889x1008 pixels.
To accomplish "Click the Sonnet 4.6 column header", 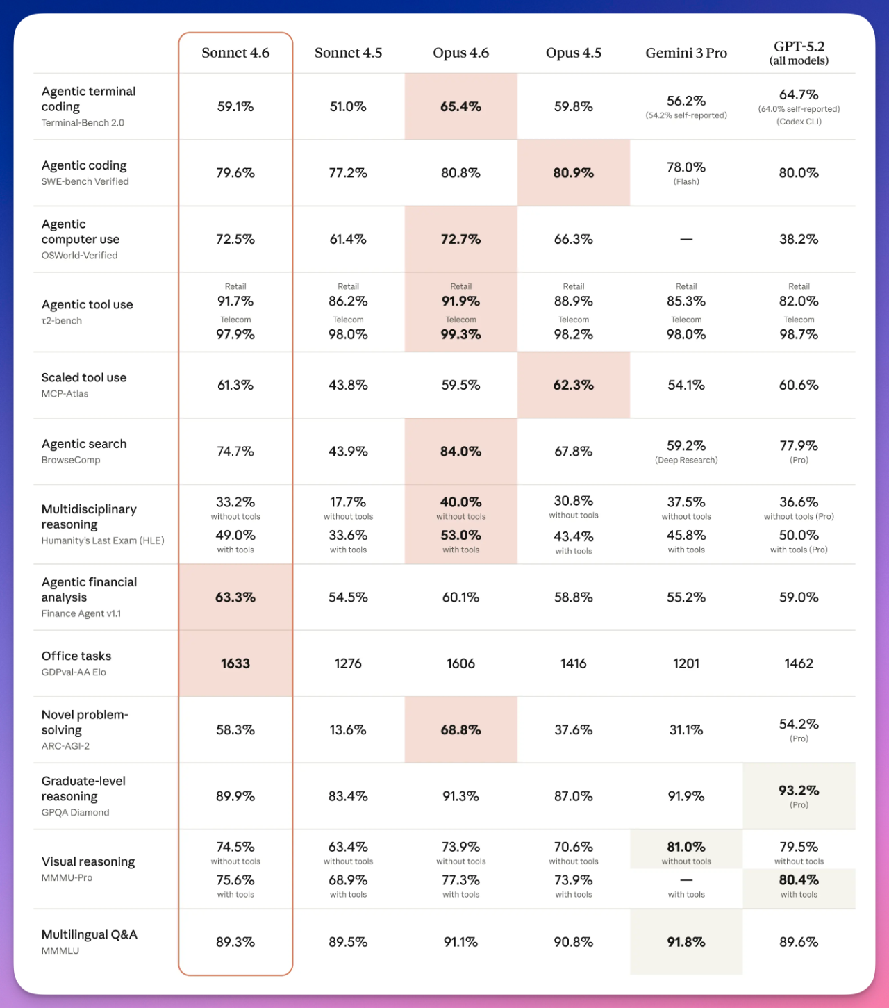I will (x=235, y=53).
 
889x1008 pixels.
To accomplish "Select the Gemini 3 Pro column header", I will (x=686, y=53).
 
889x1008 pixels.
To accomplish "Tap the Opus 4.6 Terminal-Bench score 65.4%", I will (x=460, y=106).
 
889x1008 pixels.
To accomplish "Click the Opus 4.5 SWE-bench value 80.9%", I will (x=573, y=173).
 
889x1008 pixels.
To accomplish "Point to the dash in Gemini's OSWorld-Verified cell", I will (x=686, y=239).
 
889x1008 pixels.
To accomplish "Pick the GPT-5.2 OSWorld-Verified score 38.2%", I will (x=799, y=239).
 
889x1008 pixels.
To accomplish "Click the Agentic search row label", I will (x=84, y=444).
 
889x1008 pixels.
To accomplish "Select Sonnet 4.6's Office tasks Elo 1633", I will (x=235, y=663).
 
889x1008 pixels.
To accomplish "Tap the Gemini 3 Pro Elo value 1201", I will (x=686, y=663).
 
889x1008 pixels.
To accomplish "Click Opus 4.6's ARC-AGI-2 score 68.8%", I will (x=460, y=730).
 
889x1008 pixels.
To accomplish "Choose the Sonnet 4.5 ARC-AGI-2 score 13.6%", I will (x=348, y=730).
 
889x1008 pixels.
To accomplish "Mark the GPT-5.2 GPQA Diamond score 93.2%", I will (x=799, y=791).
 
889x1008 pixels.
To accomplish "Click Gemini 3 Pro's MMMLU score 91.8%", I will (x=686, y=942).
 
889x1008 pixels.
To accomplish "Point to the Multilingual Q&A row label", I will (x=89, y=934).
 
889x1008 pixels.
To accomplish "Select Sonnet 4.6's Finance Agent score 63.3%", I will (x=235, y=597).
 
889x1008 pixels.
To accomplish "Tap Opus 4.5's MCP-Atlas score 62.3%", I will (x=573, y=385).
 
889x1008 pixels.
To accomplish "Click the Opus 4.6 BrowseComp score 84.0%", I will (x=460, y=452).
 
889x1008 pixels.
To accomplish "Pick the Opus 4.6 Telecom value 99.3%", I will (x=460, y=334).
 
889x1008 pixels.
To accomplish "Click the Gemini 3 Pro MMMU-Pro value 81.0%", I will (x=686, y=847).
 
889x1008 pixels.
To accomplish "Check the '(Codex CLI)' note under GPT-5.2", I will (x=799, y=122).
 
